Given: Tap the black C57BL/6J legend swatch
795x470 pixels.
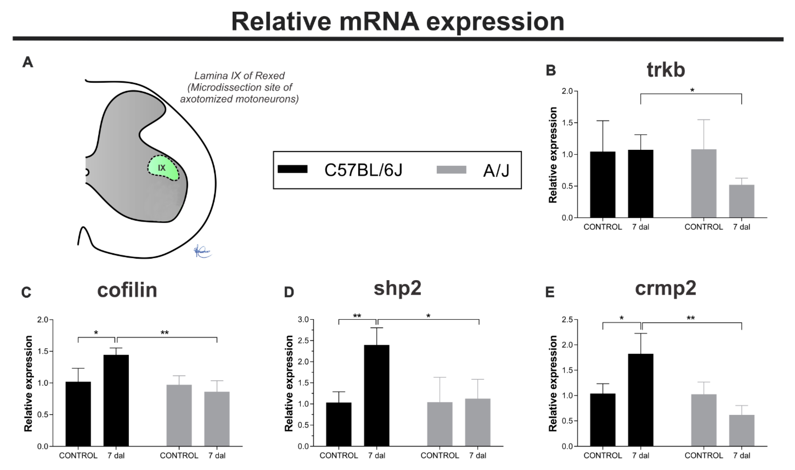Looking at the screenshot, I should tap(292, 169).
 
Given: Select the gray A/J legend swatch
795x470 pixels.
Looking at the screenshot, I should tap(451, 170).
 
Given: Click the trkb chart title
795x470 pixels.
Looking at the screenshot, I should tap(666, 70).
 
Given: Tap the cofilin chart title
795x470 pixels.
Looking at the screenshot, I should tap(127, 290).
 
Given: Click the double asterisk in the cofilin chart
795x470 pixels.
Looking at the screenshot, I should tap(164, 333).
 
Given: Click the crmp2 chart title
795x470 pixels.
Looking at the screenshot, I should tap(666, 288).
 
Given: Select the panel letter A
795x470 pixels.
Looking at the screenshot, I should tap(28, 62).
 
